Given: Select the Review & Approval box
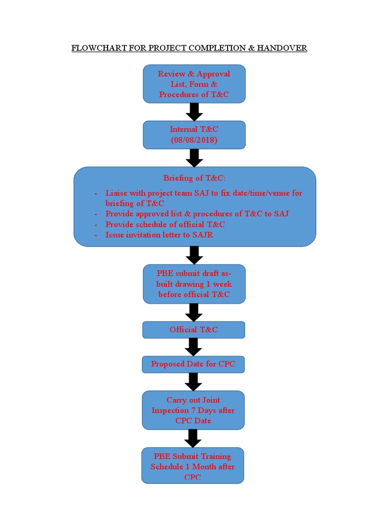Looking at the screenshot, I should [194, 84].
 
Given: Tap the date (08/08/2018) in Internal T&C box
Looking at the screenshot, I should [194, 140].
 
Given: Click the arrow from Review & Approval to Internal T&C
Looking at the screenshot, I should [194, 112].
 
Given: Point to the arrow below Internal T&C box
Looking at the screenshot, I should [194, 158].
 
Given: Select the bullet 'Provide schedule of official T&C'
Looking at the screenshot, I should [165, 224].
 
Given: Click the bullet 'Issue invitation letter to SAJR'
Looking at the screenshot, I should [159, 235].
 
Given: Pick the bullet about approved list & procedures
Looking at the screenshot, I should [197, 214].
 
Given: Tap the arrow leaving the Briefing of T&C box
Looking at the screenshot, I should [194, 255].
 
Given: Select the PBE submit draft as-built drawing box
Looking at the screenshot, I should [194, 284].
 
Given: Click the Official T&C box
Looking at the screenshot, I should [193, 329].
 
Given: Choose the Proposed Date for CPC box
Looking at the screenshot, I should [193, 364].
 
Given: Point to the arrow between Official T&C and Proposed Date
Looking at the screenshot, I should [193, 347].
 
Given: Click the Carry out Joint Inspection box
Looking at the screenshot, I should [193, 410].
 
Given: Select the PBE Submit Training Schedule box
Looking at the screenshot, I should [192, 466].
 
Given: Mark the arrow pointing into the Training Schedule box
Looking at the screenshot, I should [193, 438].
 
